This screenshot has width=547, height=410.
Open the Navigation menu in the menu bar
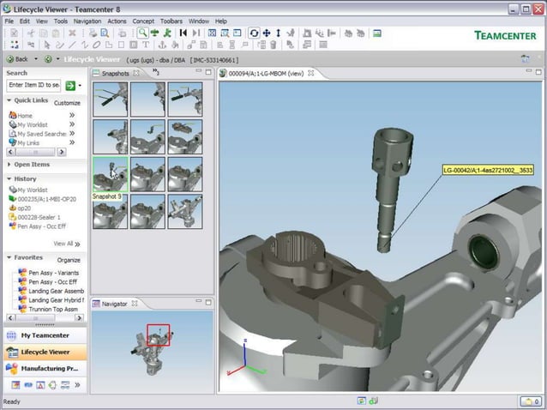coord(87,21)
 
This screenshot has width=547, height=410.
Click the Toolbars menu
coord(171,21)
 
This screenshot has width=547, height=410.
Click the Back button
coord(18,59)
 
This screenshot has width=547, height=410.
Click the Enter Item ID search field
coord(33,86)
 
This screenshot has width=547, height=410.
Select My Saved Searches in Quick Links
coord(43,134)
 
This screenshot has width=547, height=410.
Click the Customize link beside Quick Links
coord(67,103)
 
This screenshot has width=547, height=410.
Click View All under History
coord(63,244)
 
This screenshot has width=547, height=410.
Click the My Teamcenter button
coord(44,335)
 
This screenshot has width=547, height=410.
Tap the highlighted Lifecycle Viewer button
coord(45,352)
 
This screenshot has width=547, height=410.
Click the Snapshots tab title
coord(115,74)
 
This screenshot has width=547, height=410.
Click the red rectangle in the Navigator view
coord(159,335)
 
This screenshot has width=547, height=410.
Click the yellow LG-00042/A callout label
coord(487,170)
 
